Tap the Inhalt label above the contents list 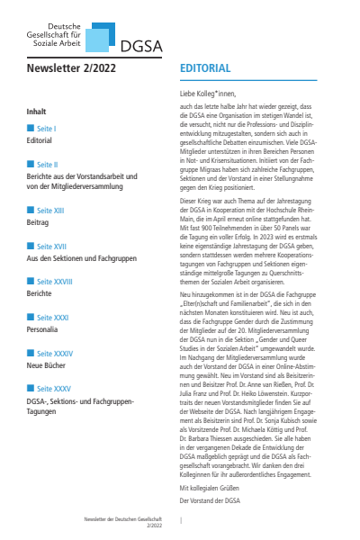37,111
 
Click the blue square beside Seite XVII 31,246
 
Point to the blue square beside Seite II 31,165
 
